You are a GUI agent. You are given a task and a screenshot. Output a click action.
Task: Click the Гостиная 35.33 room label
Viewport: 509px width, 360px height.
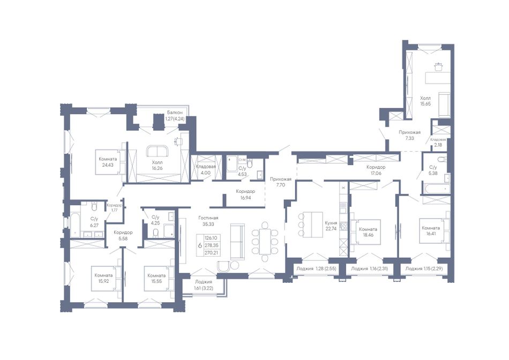point(208,221)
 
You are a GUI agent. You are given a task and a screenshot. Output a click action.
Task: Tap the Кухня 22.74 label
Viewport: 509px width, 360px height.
point(331,226)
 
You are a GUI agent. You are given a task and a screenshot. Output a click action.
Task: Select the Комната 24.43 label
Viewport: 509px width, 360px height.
point(108,162)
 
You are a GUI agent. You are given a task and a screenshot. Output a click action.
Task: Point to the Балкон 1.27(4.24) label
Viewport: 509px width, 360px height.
point(176,115)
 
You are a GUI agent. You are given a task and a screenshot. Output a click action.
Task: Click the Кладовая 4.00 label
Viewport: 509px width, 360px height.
point(206,169)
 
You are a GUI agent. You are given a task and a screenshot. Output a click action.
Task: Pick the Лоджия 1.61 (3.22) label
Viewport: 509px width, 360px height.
point(204,284)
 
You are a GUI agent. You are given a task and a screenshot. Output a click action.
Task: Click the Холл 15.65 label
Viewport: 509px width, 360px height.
point(425,101)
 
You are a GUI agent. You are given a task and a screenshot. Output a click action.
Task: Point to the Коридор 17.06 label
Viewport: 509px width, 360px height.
point(376,170)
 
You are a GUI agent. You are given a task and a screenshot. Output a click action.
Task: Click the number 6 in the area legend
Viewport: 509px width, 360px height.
point(200,245)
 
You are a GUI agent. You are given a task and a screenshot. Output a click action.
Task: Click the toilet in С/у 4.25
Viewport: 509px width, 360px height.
point(155,233)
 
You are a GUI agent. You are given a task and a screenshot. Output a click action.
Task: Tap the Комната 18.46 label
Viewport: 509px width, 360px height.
point(368,231)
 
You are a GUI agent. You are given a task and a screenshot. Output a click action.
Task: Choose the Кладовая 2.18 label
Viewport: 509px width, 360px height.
point(438,142)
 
